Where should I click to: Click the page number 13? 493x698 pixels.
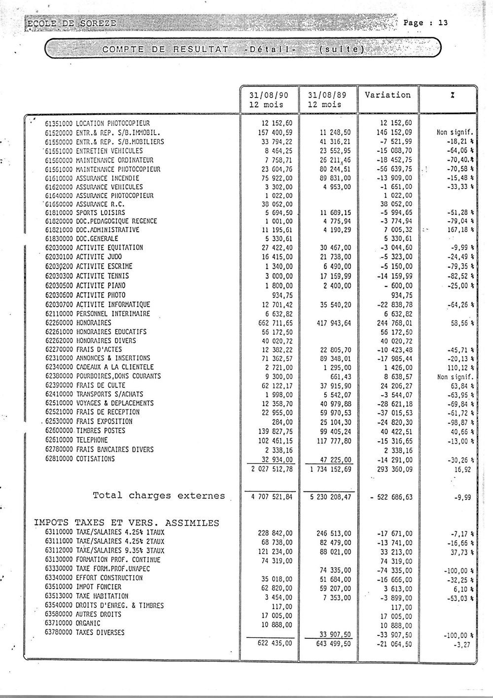tap(442, 23)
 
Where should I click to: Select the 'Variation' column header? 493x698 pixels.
tap(387, 95)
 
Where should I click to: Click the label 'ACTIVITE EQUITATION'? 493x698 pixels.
tap(109, 247)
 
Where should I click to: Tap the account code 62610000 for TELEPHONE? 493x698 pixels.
tap(60, 440)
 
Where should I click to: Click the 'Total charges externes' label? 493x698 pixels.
tap(159, 495)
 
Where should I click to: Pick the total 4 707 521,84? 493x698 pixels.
tap(272, 497)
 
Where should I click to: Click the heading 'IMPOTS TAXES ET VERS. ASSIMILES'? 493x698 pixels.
tap(127, 523)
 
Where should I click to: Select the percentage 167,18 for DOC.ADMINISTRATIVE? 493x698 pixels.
tap(453, 230)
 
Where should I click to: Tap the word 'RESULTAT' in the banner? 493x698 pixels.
tap(200, 49)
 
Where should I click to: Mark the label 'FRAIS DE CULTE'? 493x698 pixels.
tap(101, 385)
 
